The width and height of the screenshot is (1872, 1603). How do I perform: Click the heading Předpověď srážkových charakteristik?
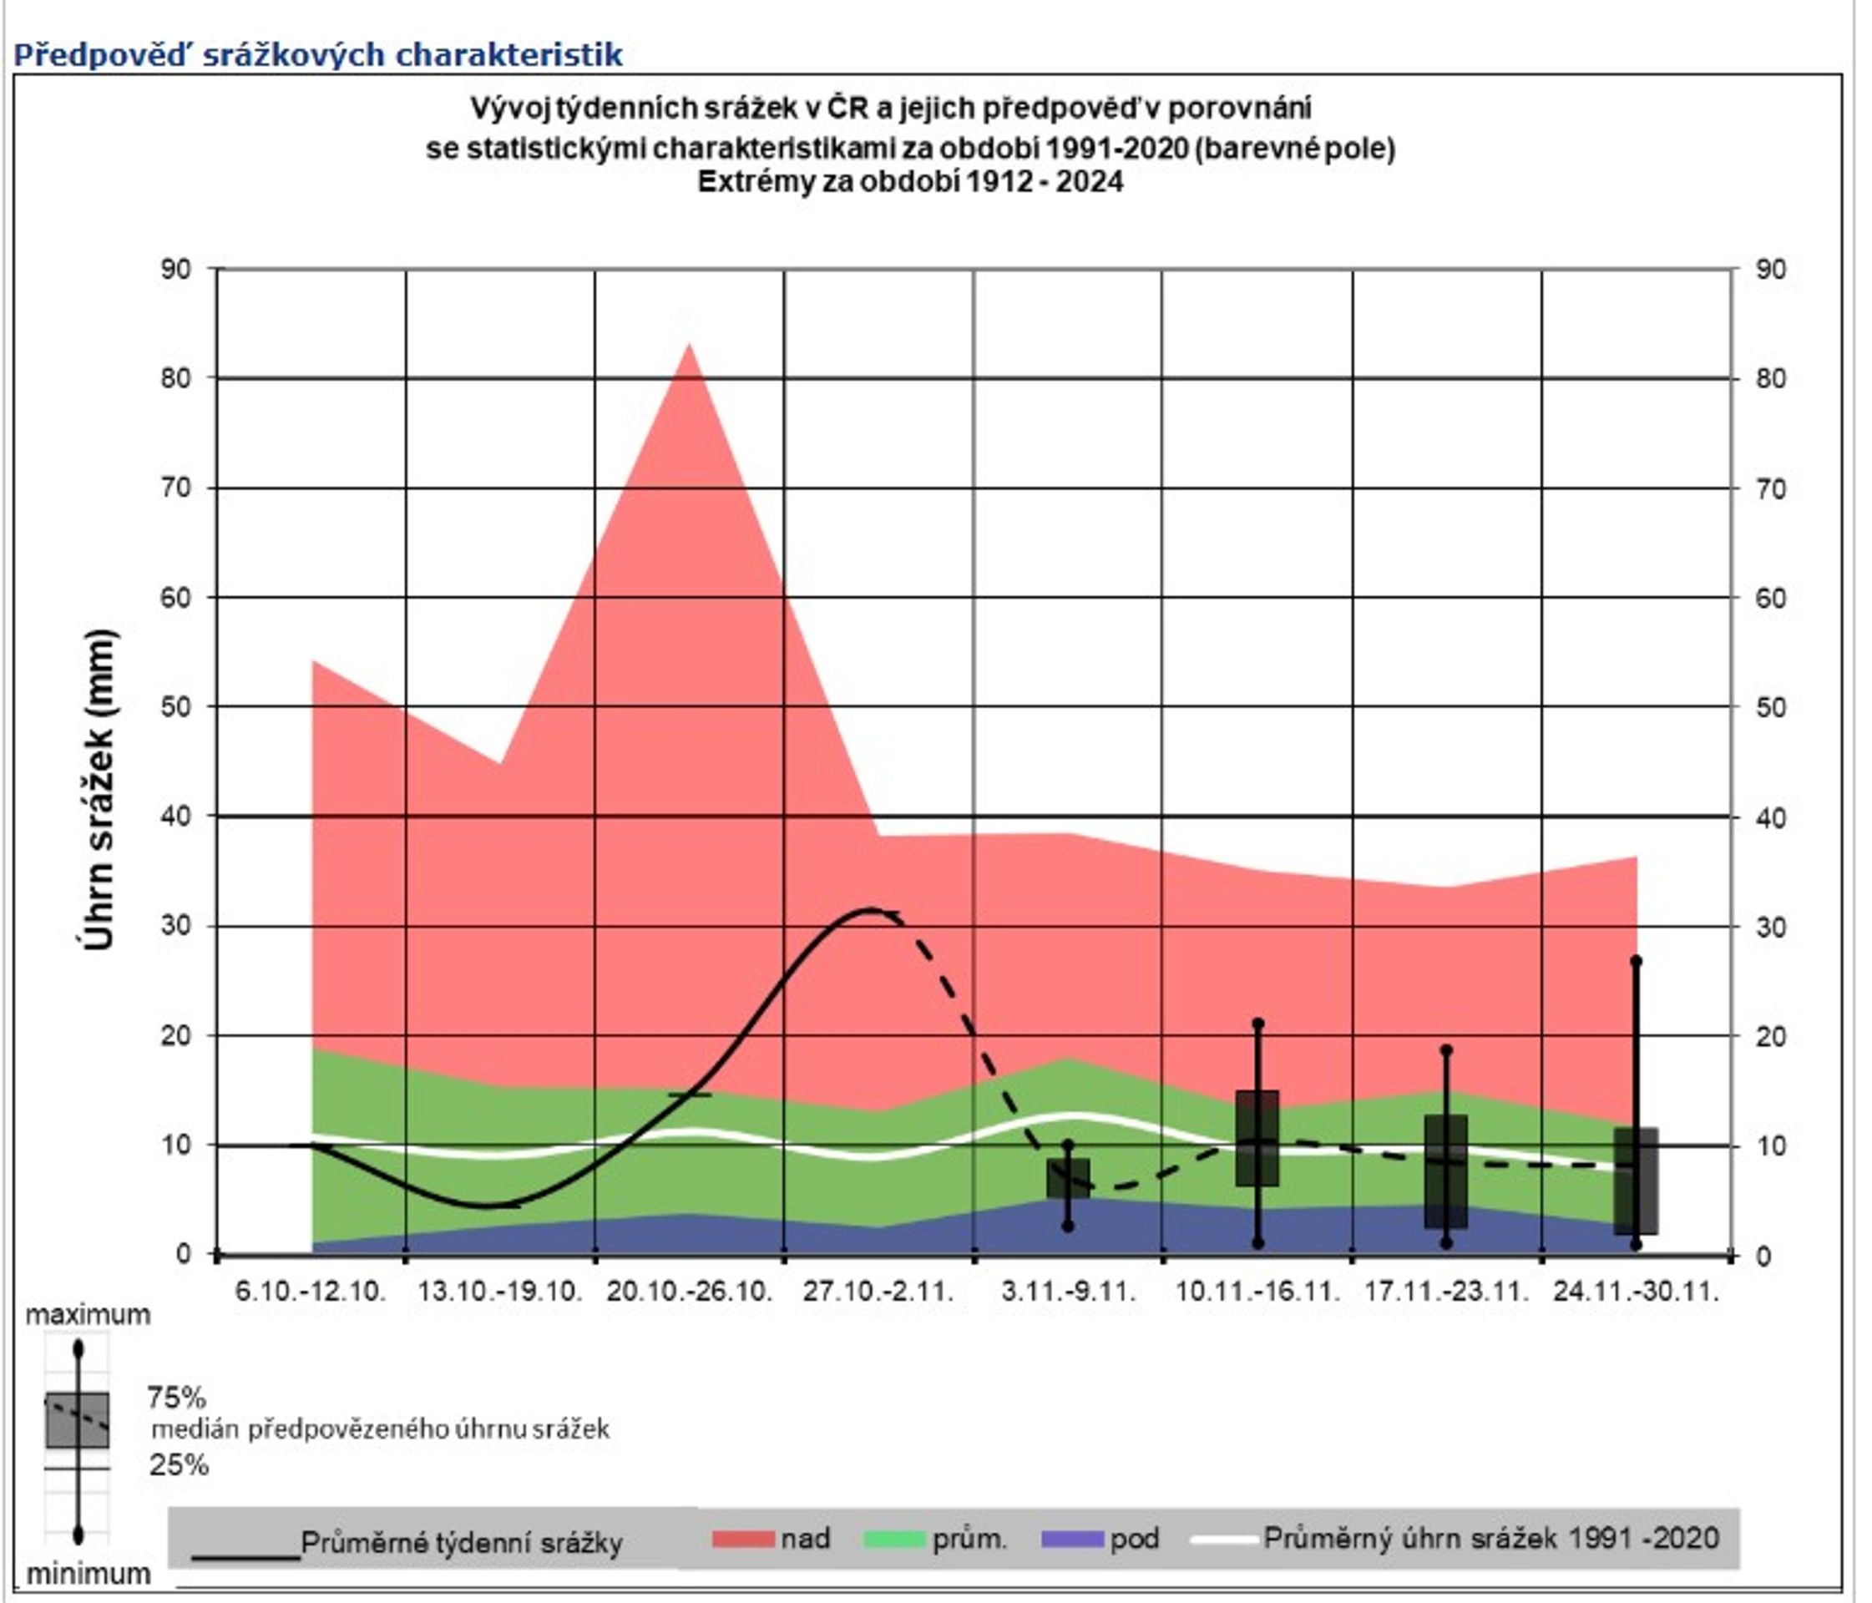(x=318, y=54)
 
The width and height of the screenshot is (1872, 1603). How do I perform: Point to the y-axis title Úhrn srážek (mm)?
(x=98, y=789)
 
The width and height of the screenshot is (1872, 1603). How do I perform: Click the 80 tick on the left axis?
(x=175, y=377)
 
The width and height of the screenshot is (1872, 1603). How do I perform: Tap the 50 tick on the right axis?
(x=1772, y=706)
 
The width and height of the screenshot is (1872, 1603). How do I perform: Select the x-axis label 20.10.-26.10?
(x=690, y=1292)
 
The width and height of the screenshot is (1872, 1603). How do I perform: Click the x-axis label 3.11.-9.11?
(x=1068, y=1292)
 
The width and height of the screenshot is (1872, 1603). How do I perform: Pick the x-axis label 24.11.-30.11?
(x=1636, y=1292)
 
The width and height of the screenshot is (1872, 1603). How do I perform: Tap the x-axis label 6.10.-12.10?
(x=311, y=1292)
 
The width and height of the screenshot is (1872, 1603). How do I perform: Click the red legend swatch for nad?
(x=742, y=1539)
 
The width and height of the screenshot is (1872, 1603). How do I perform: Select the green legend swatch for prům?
(x=894, y=1539)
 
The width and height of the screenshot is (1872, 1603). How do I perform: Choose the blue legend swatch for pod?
(x=1071, y=1539)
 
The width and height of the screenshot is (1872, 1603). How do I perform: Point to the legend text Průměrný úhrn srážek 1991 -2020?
(x=1490, y=1538)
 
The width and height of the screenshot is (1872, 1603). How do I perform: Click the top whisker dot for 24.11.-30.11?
(x=1636, y=960)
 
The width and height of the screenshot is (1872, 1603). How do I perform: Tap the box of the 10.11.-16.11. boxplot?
(x=1257, y=1138)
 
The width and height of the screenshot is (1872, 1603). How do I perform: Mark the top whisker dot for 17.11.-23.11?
(x=1445, y=1050)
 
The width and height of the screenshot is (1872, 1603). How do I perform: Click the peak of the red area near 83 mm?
(x=690, y=345)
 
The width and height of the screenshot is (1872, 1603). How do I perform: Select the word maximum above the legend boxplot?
(x=88, y=1315)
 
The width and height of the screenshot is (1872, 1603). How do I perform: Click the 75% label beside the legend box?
(x=177, y=1398)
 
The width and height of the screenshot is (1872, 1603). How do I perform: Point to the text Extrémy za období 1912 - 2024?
(x=911, y=182)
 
